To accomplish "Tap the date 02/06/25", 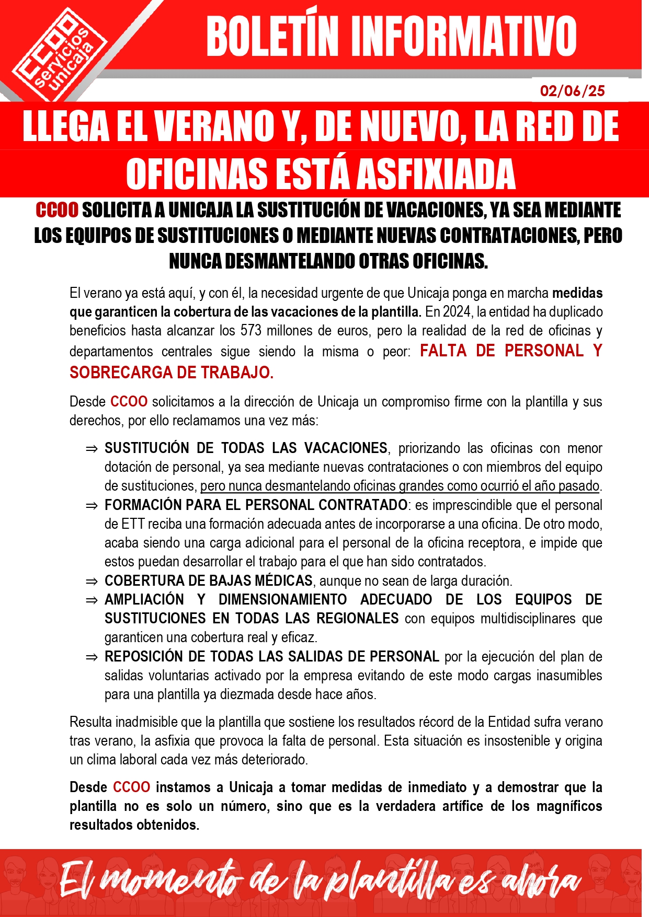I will point(572,91).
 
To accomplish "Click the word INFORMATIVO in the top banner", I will point(463,37).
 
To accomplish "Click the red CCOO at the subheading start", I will point(57,210).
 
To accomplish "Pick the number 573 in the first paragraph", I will point(251,331).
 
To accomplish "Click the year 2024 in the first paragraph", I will point(457,312).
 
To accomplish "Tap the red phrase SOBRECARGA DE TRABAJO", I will point(172,373).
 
